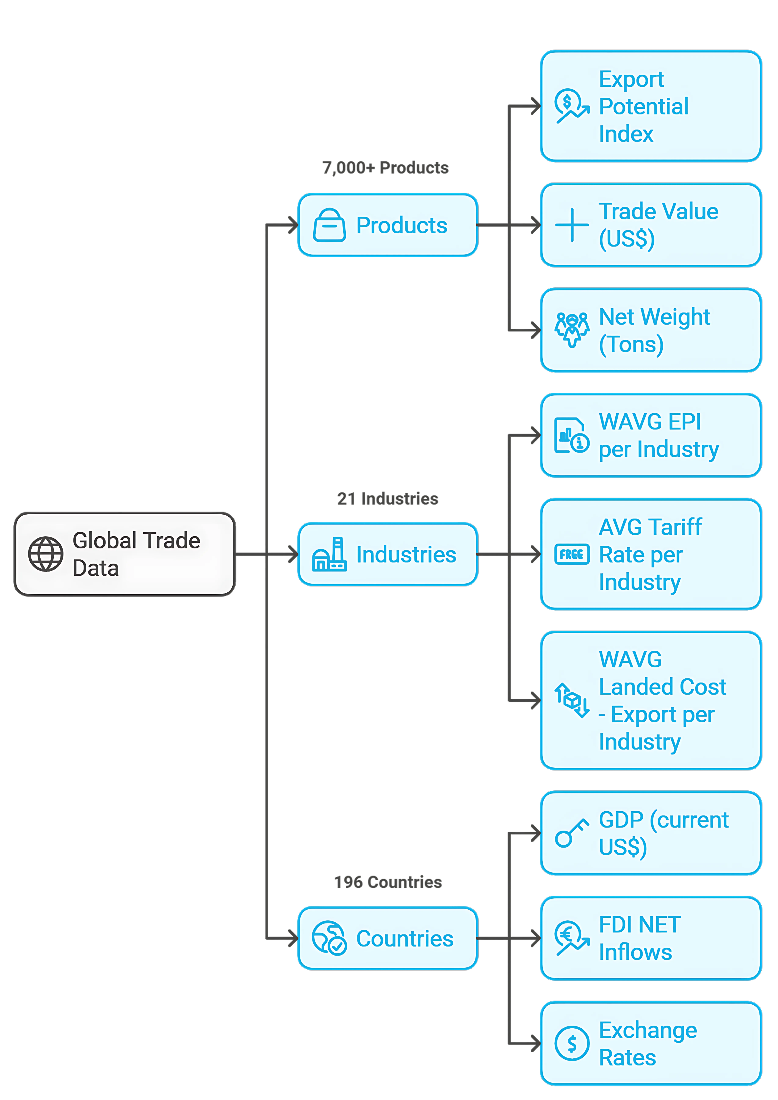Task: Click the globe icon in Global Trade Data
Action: click(46, 554)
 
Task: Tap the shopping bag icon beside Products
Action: click(329, 225)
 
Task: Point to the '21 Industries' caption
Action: click(387, 499)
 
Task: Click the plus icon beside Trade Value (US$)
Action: click(572, 225)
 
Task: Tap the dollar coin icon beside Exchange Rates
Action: click(572, 1043)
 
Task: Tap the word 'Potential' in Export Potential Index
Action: click(643, 106)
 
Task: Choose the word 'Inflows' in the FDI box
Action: click(635, 952)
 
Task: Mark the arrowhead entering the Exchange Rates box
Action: click(535, 1043)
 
